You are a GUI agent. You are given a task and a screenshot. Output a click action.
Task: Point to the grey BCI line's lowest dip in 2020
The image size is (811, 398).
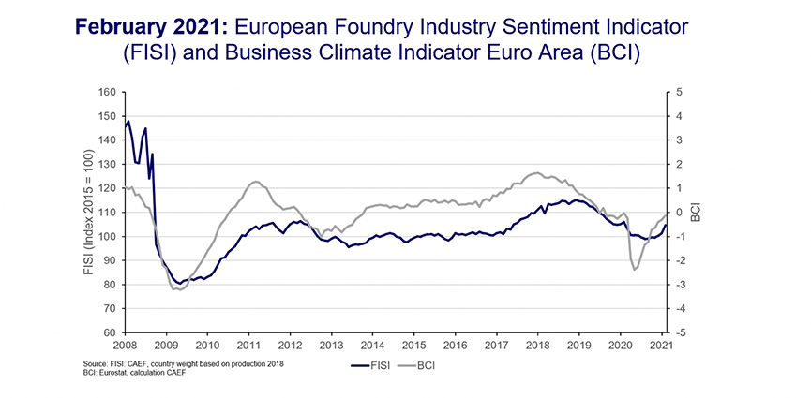click(635, 270)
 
